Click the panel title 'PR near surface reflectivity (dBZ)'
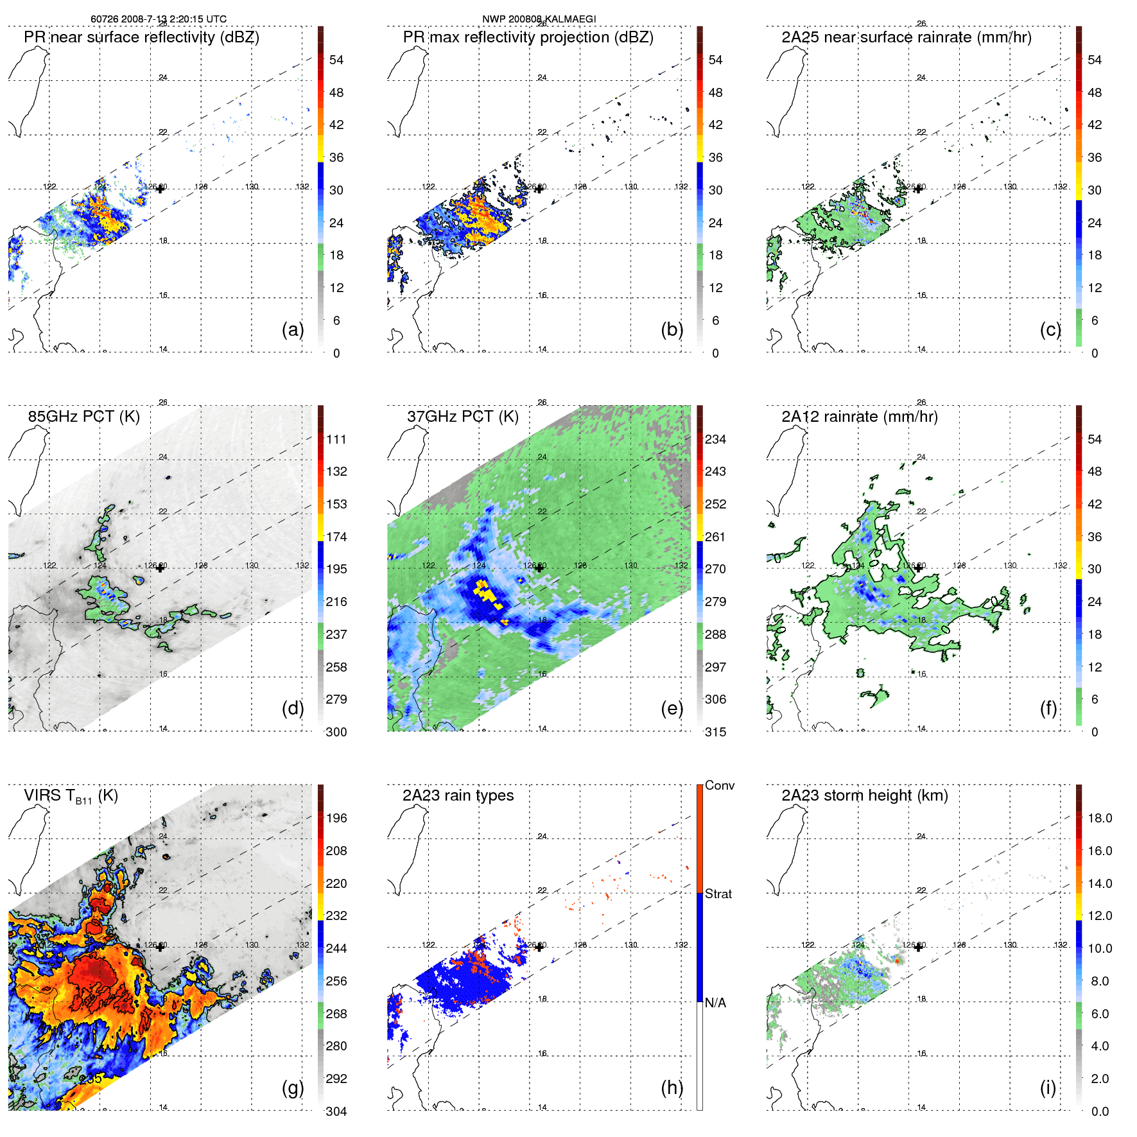(x=141, y=37)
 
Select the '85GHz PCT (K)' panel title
(x=83, y=417)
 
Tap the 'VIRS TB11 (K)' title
(x=71, y=796)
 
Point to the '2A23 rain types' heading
(x=458, y=796)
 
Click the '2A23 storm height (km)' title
(x=864, y=796)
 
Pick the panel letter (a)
(x=292, y=330)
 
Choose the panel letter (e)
(x=672, y=709)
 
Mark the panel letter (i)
(x=1048, y=1088)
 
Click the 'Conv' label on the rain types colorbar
(x=719, y=786)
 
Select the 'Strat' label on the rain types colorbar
(x=718, y=894)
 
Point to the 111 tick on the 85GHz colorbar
(x=336, y=440)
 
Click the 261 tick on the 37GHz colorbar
(x=715, y=537)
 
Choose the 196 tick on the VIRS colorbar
(x=336, y=819)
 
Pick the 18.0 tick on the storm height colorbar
(x=1099, y=819)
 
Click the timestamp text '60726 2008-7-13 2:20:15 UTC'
(x=159, y=19)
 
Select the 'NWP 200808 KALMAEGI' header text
(x=539, y=19)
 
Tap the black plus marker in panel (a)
(x=160, y=189)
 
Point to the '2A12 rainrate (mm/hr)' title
(x=859, y=417)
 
